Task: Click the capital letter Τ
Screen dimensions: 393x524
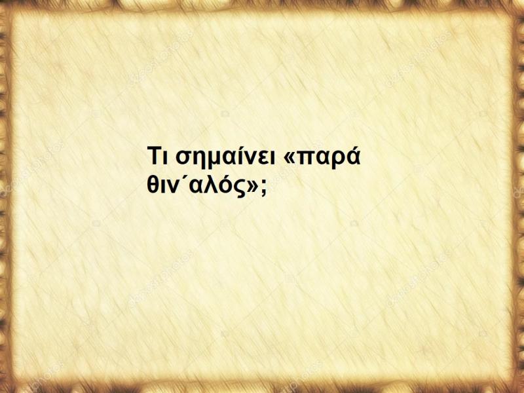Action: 153,159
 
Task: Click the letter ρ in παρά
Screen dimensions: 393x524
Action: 339,162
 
